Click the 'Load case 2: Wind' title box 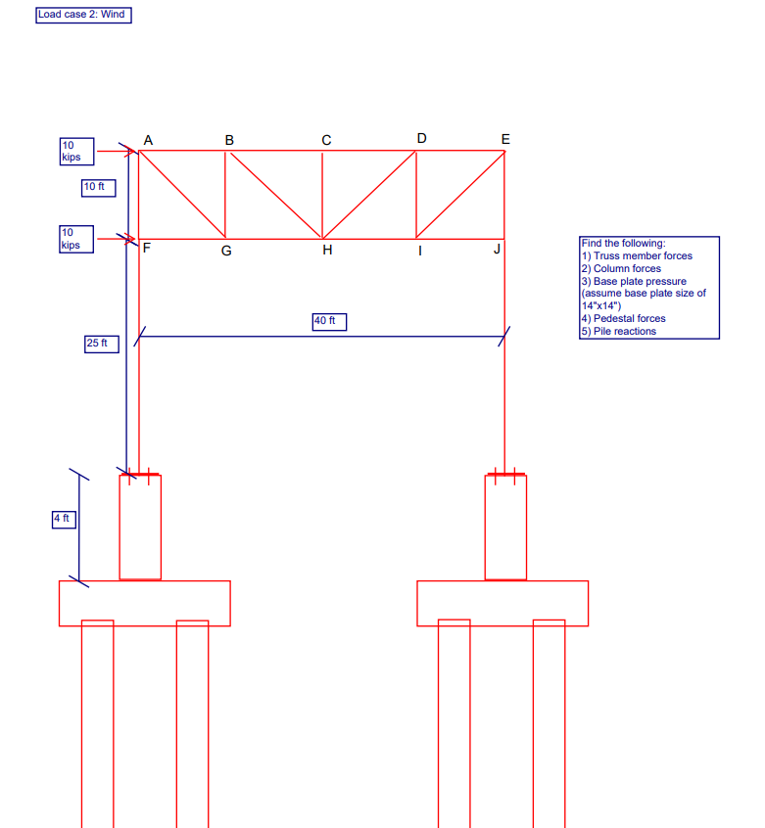coord(82,15)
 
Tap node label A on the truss coord(148,141)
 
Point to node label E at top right coord(505,139)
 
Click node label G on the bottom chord coord(226,251)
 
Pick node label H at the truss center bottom coord(327,251)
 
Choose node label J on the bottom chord coord(497,250)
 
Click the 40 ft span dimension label coord(330,322)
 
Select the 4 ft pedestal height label coord(63,519)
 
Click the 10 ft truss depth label coord(98,187)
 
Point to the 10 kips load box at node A coord(76,152)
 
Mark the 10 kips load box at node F coord(76,239)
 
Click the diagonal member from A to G coord(182,195)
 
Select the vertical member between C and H coord(322,195)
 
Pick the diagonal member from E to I coord(460,195)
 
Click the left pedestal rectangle coord(140,527)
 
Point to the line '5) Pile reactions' coord(618,332)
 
